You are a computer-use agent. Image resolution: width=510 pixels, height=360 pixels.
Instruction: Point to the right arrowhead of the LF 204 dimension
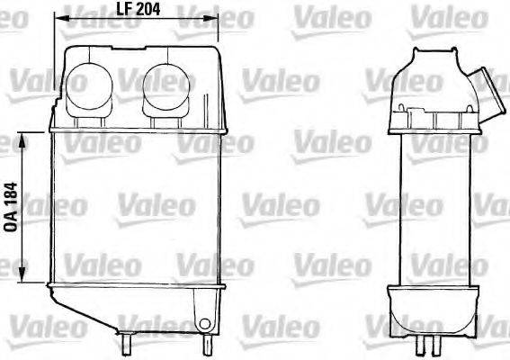click(x=217, y=15)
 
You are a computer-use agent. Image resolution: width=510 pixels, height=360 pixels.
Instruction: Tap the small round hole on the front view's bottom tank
click(x=205, y=325)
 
